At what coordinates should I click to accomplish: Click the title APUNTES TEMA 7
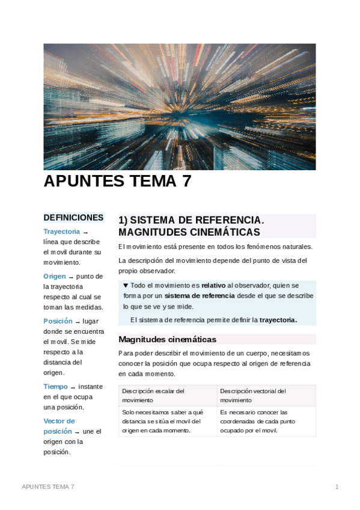tap(117, 181)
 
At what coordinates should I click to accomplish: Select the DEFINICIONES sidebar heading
tap(73, 218)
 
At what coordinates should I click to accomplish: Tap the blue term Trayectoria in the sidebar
tap(61, 232)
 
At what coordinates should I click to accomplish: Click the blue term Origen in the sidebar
tap(55, 276)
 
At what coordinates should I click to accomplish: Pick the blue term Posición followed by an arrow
tap(58, 321)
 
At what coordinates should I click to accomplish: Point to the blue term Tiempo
tap(55, 387)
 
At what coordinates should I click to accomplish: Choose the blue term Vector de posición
tap(58, 426)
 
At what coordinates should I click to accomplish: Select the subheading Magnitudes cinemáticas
tap(167, 339)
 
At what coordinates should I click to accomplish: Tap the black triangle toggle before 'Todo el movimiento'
tap(125, 286)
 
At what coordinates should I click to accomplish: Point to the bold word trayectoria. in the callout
tap(278, 320)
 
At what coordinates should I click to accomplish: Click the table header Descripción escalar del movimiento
tap(153, 395)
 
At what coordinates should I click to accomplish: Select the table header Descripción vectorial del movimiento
tap(252, 395)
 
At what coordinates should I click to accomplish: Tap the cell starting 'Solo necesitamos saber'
tap(162, 421)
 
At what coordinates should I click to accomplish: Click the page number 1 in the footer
tap(337, 486)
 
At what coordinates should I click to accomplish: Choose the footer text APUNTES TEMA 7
tap(48, 486)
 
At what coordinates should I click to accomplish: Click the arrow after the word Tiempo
tap(73, 387)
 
